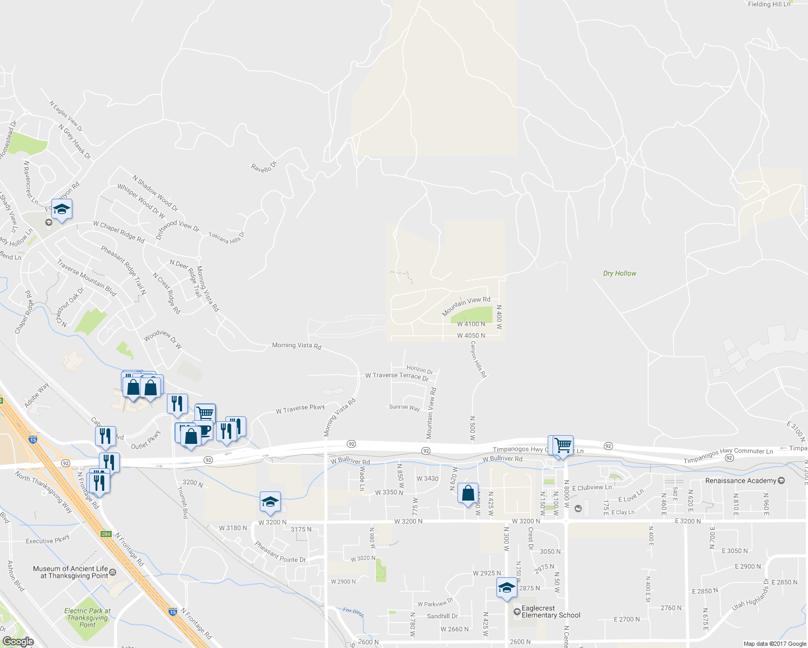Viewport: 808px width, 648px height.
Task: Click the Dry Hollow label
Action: coord(620,273)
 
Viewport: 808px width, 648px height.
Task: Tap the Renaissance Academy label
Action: coord(740,481)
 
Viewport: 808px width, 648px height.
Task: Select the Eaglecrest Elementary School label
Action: coord(550,612)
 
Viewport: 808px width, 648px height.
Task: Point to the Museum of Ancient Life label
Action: coord(70,572)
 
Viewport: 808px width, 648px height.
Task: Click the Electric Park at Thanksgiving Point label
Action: coord(87,618)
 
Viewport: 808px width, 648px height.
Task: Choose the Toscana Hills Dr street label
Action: coord(227,238)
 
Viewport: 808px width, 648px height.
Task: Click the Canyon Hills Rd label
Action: coord(478,359)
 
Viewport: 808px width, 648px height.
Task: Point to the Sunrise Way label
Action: coord(405,407)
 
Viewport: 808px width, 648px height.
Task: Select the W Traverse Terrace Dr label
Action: coord(397,376)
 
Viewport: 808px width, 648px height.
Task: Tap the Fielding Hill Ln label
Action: coord(769,4)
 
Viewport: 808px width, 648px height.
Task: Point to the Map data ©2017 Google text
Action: coord(775,644)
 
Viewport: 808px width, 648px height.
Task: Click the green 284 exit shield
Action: coord(106,534)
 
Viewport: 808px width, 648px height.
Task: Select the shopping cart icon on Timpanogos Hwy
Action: coord(562,446)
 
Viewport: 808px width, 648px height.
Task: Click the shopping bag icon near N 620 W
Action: coord(468,494)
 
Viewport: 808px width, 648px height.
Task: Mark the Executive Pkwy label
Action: coord(48,539)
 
